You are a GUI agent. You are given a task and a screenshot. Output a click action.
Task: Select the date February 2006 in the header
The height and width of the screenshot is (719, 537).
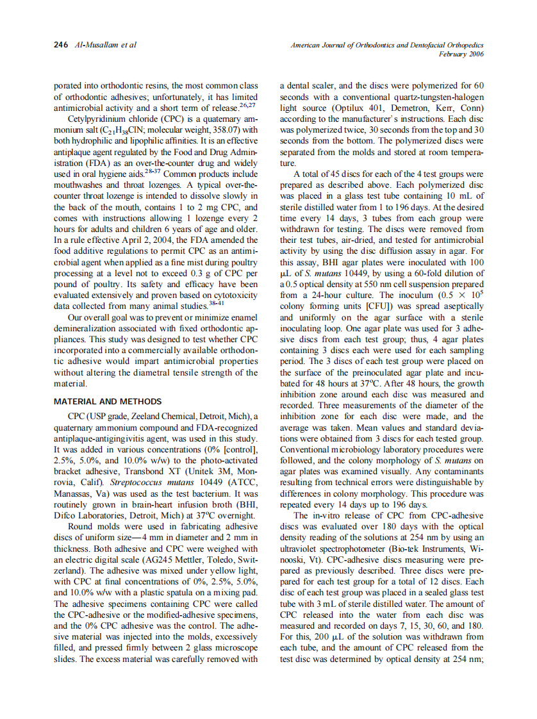[461, 54]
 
